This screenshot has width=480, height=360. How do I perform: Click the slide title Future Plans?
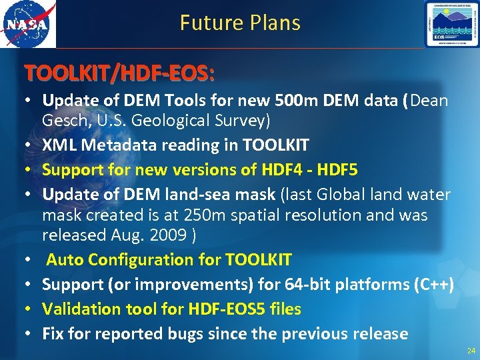[240, 23]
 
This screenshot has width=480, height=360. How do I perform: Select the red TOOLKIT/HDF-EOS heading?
[119, 72]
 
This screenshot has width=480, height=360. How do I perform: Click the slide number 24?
[469, 349]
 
